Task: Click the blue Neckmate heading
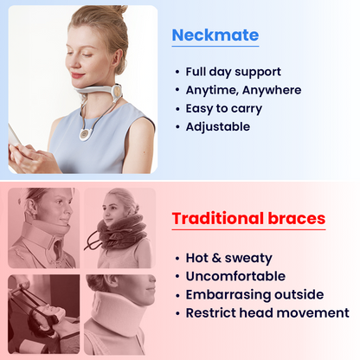click(215, 35)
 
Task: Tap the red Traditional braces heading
click(248, 218)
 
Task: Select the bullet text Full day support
click(233, 72)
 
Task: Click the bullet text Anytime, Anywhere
click(243, 90)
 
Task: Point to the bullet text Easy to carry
click(223, 108)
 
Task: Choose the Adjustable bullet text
click(217, 126)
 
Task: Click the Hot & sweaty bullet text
click(228, 258)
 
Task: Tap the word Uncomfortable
click(235, 276)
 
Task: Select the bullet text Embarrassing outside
click(254, 294)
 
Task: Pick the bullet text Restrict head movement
click(267, 312)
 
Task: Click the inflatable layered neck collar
click(120, 230)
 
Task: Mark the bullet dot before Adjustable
click(177, 127)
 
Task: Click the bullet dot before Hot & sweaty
click(177, 259)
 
